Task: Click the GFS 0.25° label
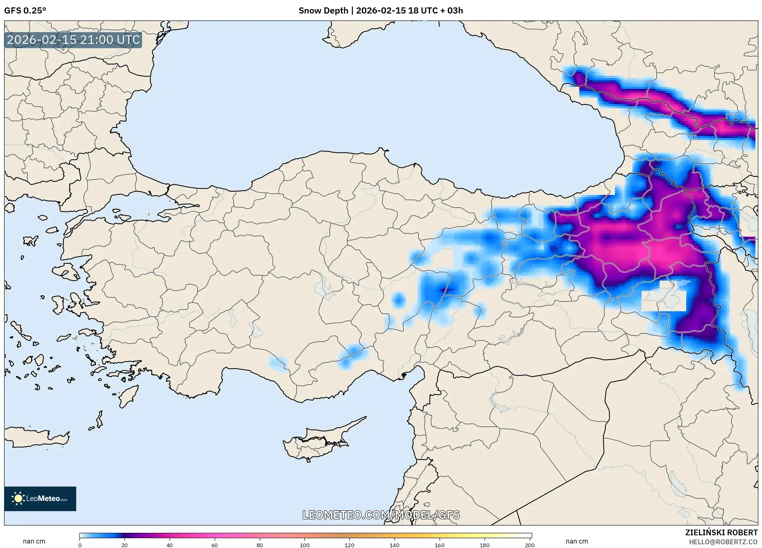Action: click(25, 11)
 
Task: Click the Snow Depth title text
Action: click(381, 11)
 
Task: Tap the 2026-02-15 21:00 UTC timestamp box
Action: click(73, 40)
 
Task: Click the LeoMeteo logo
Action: click(40, 498)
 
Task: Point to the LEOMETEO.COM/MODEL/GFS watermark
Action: click(381, 515)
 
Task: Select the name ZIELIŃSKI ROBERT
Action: click(721, 532)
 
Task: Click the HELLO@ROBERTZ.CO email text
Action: click(723, 542)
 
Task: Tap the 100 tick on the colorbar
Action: click(304, 545)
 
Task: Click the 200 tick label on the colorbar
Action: click(529, 545)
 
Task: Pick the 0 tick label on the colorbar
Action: click(80, 545)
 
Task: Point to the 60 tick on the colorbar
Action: click(215, 545)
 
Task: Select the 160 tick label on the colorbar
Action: click(439, 545)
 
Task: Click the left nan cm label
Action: click(34, 541)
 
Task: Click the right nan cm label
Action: click(576, 541)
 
